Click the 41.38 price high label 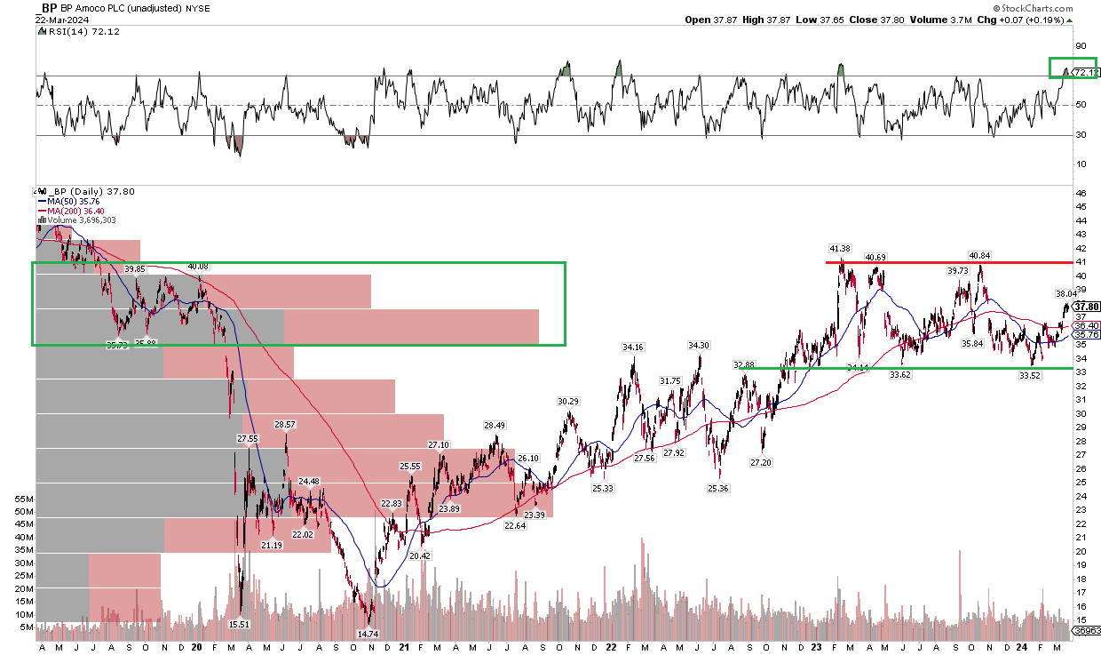click(839, 248)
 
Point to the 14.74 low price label click(368, 634)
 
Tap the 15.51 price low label click(240, 624)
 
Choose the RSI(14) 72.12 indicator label click(78, 31)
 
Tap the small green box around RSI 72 click(1073, 68)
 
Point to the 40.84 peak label click(978, 256)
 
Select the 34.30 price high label click(699, 345)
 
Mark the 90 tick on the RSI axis click(1081, 46)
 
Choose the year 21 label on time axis click(404, 647)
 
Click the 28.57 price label click(285, 425)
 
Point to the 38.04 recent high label click(1066, 293)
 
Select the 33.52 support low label click(1029, 375)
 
